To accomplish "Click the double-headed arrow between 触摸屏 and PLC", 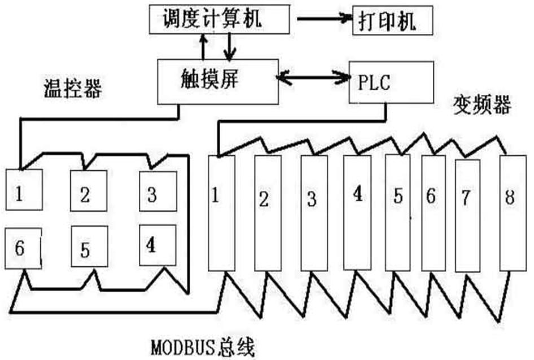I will [x=314, y=77].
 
